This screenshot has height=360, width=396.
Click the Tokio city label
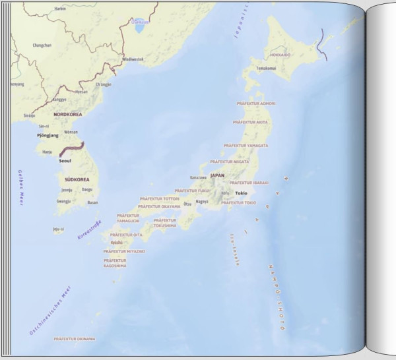[x=241, y=193]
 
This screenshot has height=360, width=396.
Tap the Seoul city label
[x=65, y=160]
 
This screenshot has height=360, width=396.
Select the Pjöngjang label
[x=48, y=135]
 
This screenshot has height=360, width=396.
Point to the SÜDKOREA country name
[x=77, y=179]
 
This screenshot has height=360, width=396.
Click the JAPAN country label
[x=217, y=175]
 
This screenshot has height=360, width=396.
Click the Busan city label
[x=92, y=202]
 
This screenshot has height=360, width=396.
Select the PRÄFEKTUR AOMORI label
[x=255, y=104]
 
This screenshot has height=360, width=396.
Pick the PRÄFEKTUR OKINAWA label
[x=75, y=339]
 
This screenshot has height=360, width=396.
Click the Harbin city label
[x=59, y=9]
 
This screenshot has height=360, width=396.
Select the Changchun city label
[x=42, y=45]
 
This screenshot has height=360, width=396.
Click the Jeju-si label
[x=58, y=230]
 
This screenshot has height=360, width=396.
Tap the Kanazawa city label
[x=198, y=177]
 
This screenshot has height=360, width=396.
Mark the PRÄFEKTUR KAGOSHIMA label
[x=115, y=263]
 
